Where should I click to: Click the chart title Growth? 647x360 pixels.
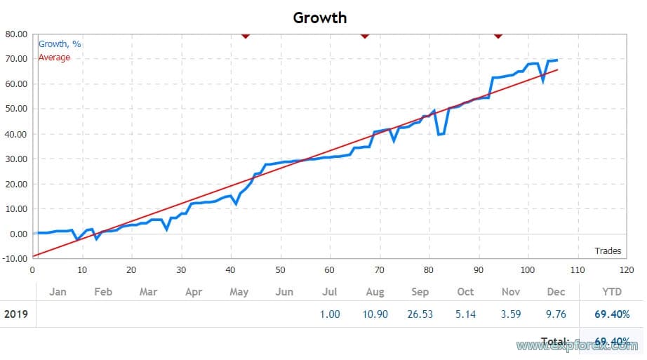click(x=320, y=17)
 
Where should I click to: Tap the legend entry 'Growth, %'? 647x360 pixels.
click(x=60, y=44)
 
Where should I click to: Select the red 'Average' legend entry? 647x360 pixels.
click(x=54, y=58)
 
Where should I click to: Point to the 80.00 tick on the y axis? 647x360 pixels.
click(x=16, y=34)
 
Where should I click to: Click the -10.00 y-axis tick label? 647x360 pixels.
click(x=15, y=259)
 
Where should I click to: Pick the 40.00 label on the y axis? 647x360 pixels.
click(x=16, y=134)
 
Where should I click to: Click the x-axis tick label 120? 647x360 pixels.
click(x=627, y=270)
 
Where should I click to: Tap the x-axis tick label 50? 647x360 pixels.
click(x=280, y=270)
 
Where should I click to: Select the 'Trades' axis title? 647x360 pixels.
click(x=608, y=251)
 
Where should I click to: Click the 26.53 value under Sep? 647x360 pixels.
click(x=420, y=314)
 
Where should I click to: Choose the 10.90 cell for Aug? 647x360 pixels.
click(x=375, y=314)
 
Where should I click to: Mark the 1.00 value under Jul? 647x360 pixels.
click(x=330, y=314)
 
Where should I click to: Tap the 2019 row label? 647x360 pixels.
click(x=16, y=314)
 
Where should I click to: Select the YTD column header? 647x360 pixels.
click(x=611, y=292)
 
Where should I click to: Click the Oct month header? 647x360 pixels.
click(x=465, y=292)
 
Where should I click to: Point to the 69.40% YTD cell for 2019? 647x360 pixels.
click(x=612, y=314)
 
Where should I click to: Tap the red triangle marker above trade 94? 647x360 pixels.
click(x=498, y=34)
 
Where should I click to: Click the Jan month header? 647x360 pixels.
click(x=58, y=292)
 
